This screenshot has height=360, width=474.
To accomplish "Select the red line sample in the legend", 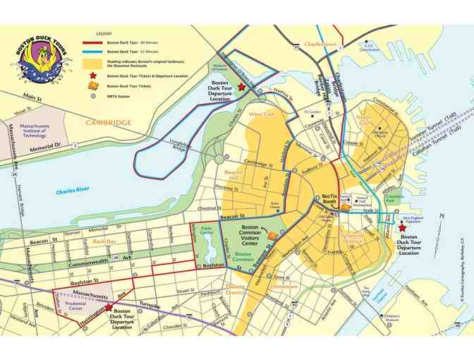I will [92, 43].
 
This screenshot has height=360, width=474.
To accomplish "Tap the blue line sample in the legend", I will [92, 52].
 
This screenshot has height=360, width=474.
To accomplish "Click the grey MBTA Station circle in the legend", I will [92, 95].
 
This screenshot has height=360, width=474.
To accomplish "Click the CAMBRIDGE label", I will [109, 122].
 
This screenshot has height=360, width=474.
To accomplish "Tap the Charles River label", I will [76, 191].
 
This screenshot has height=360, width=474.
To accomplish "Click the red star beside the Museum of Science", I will [241, 86].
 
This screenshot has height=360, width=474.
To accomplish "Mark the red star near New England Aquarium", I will [402, 228].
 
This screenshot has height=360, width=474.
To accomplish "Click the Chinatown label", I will [284, 287].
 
